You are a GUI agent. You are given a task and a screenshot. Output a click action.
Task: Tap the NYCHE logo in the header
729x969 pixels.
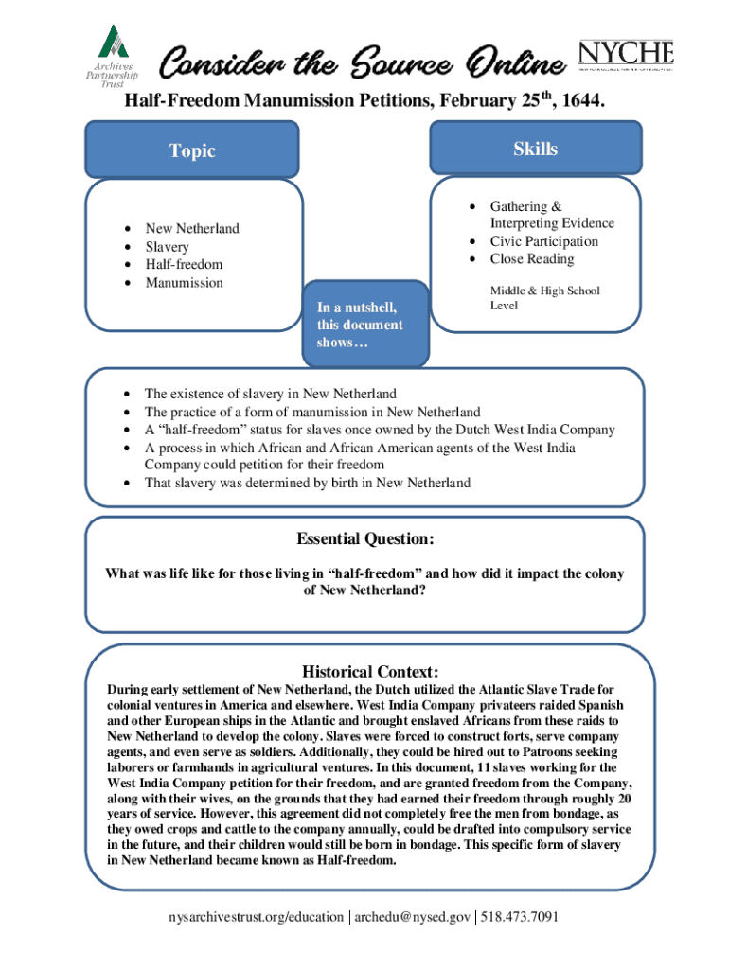625,55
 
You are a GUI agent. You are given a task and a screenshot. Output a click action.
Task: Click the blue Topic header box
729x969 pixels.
193,150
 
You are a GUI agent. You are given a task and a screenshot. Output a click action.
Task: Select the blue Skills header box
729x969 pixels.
535,149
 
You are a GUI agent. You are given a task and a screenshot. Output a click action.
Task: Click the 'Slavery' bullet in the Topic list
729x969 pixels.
167,247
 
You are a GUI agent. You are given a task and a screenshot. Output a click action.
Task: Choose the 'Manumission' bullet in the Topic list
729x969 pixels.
184,283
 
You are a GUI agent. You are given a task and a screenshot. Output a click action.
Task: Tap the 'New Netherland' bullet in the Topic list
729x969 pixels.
191,229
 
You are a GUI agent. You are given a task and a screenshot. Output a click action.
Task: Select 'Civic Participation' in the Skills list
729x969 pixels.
543,241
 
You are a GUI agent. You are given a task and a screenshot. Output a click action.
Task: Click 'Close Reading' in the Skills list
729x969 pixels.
531,259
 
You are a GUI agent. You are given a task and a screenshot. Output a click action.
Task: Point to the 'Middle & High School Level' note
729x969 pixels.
544,298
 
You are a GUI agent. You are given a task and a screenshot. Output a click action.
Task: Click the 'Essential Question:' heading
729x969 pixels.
365,539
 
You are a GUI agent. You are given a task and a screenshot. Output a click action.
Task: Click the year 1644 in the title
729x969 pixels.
579,100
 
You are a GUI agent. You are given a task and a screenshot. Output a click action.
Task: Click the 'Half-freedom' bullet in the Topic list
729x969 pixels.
183,265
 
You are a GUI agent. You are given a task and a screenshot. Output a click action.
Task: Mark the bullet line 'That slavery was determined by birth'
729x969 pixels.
307,483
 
